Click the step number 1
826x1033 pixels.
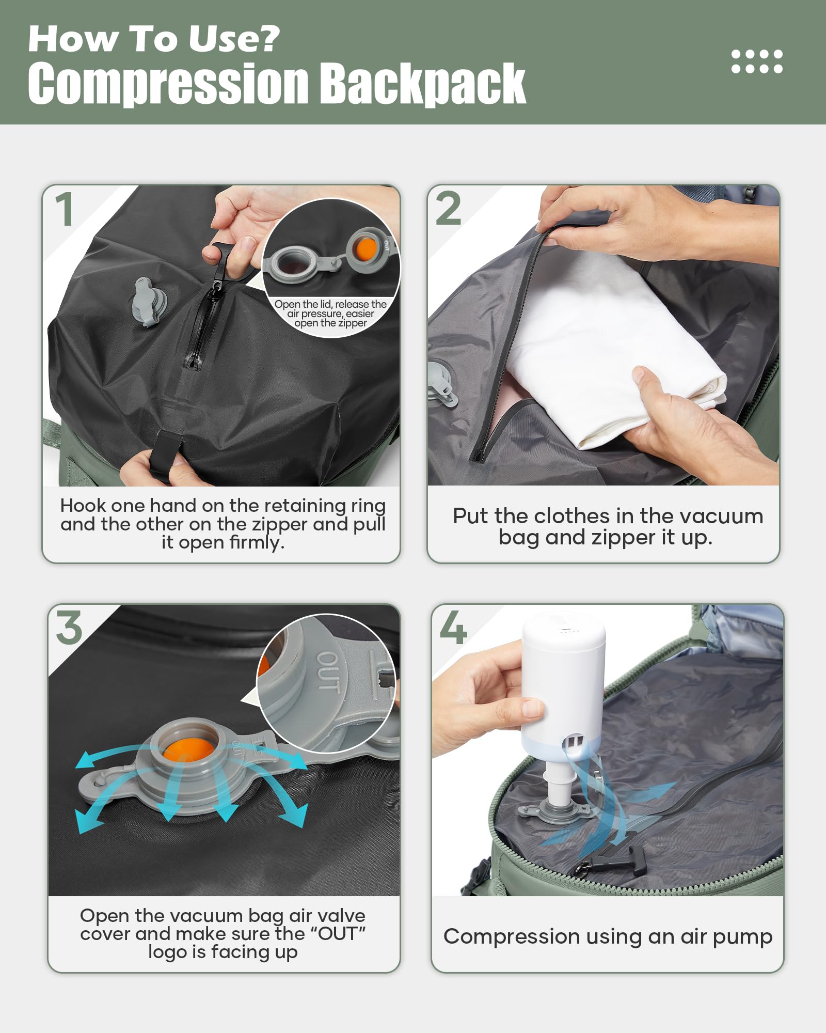[x=65, y=209]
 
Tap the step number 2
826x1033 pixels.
[x=448, y=209]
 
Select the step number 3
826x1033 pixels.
[x=69, y=628]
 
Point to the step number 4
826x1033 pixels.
[x=453, y=628]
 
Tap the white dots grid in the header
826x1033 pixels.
[x=757, y=61]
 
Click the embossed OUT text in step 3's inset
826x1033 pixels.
[x=328, y=671]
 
